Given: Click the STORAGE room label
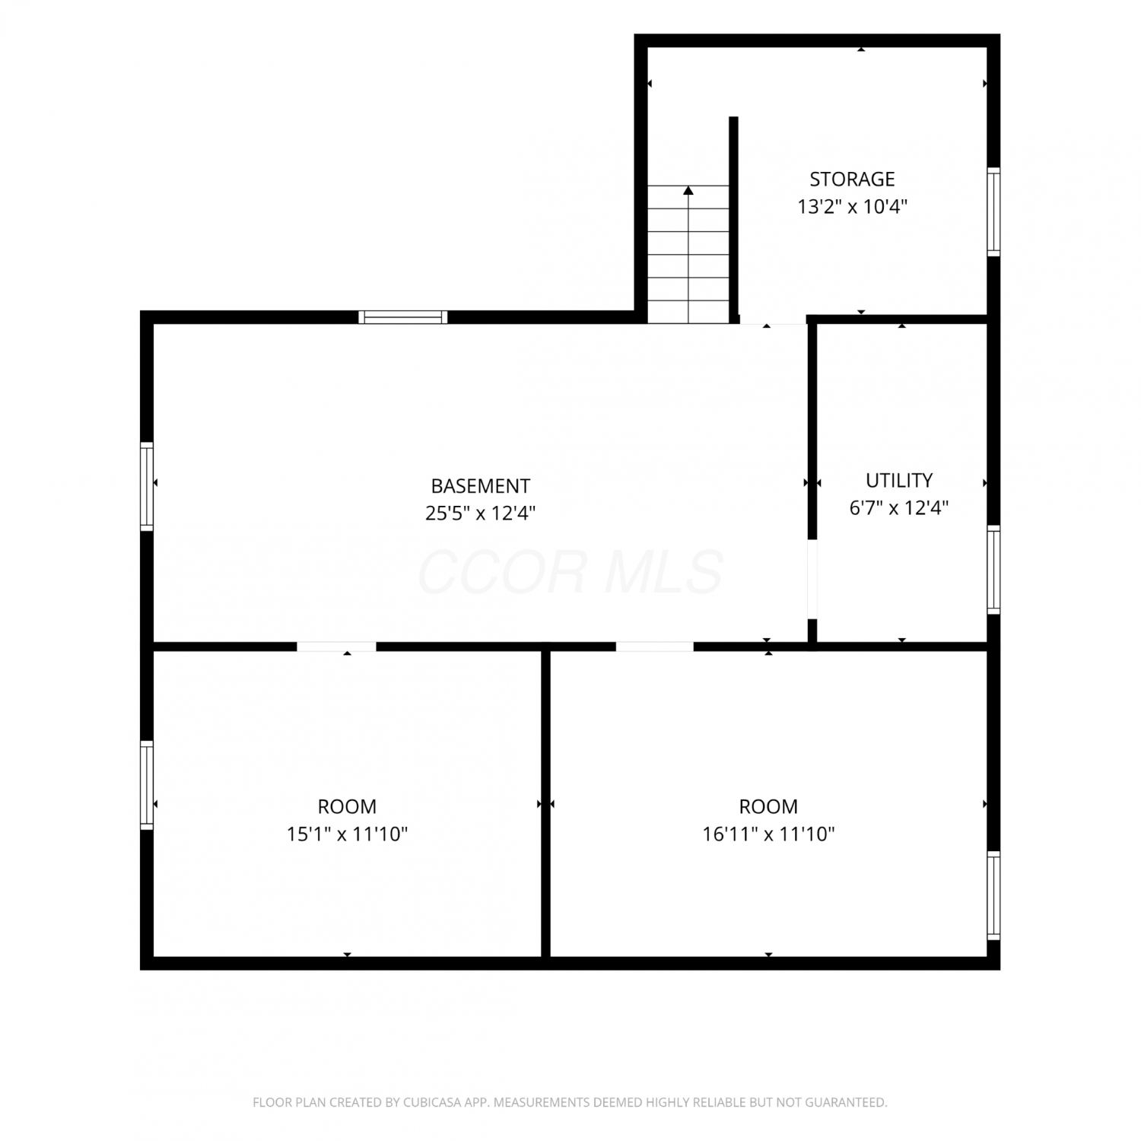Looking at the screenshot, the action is tap(852, 179).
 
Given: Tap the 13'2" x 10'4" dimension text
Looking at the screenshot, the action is tap(852, 206).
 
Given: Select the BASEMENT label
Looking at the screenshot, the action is tap(480, 486).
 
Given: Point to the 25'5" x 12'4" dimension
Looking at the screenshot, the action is tap(480, 513).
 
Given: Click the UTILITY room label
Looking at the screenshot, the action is tap(899, 480).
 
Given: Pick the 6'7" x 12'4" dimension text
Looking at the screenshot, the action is tap(899, 507).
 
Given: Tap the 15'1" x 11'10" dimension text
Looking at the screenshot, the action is tap(347, 834).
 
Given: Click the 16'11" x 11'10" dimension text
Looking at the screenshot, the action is tap(768, 834).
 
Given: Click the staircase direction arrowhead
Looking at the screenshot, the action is tap(688, 190).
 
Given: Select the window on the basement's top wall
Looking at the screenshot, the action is tap(402, 317).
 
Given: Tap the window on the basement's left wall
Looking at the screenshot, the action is tap(147, 486).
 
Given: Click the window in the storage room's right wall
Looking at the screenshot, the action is tap(993, 211).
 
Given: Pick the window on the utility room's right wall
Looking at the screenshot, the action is tap(993, 570).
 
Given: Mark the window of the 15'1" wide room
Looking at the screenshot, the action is tap(147, 784).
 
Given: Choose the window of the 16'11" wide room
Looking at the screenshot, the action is tap(993, 895).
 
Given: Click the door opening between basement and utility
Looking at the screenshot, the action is tap(812, 579).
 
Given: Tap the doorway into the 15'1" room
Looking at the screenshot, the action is tap(336, 647).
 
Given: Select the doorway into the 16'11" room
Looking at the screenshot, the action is tap(654, 647).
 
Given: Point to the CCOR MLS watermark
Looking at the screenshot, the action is tap(570, 572).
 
